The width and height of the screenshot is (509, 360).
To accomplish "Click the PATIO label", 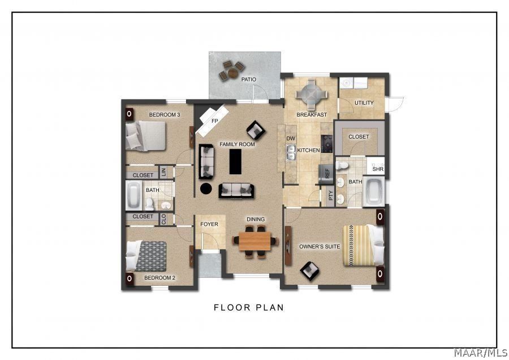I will coord(249,80).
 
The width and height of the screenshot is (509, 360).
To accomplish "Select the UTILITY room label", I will coord(364,103).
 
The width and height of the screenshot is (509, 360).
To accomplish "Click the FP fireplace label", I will coord(215,121).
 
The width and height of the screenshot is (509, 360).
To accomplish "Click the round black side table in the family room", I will coord(206,188).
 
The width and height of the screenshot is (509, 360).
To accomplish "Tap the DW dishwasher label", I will coord(291,139).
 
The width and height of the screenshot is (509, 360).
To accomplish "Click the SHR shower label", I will coord(377,169).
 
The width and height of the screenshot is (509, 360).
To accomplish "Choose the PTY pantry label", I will coord(331,196).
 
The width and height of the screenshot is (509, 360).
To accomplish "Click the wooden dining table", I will coord(256,241).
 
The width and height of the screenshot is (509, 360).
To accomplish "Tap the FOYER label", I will coord(209,224).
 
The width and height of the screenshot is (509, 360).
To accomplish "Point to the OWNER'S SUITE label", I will coord(320,246).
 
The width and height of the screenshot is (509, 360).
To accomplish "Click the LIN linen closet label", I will coord(163,172).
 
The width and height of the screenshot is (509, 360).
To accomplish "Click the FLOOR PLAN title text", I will coord(248,308).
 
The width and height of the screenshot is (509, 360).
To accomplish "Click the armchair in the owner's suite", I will coord(309,270).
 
